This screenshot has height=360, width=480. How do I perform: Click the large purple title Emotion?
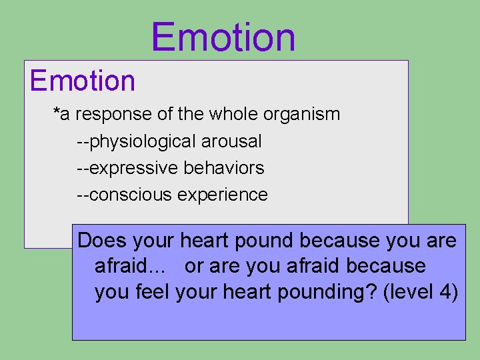(x=223, y=37)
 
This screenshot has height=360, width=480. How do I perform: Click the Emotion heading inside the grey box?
(x=83, y=81)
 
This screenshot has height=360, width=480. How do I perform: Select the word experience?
(x=223, y=195)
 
